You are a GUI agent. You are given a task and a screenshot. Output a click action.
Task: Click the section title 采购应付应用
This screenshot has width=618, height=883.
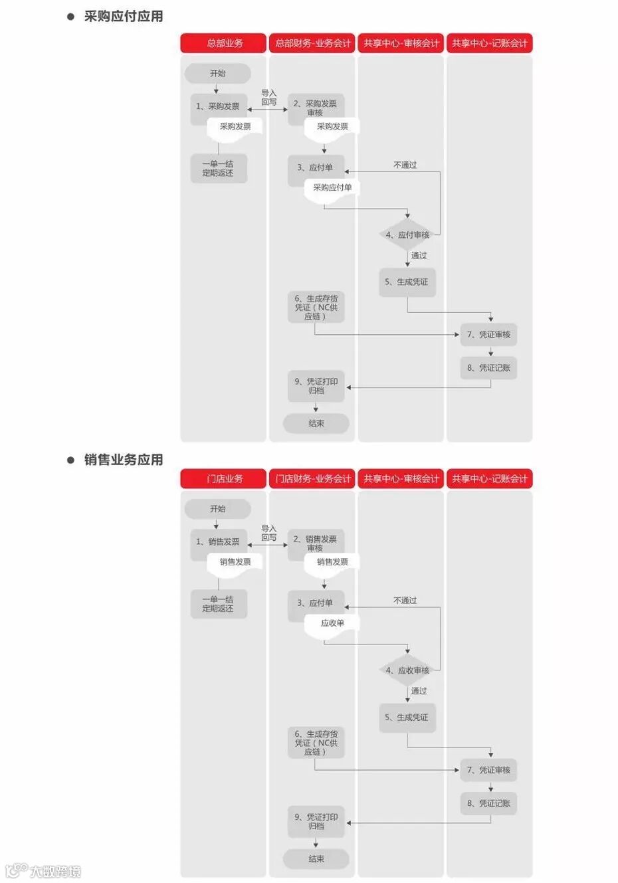(x=124, y=17)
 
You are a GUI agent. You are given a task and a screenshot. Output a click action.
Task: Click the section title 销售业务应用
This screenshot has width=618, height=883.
(x=124, y=460)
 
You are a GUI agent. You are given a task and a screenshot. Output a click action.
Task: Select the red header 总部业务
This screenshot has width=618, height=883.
(x=224, y=44)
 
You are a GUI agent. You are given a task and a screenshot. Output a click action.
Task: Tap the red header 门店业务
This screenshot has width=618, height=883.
(x=224, y=479)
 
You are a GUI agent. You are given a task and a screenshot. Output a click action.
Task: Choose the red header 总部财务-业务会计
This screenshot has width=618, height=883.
(x=312, y=44)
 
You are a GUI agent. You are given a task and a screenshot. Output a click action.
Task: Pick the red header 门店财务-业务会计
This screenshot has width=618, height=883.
(x=312, y=479)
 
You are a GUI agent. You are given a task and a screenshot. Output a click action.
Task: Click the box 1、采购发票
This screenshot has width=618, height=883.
(x=218, y=106)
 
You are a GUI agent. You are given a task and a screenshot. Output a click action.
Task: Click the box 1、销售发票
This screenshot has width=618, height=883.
(x=218, y=542)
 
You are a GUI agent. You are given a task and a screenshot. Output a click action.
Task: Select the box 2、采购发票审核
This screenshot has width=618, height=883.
(x=316, y=108)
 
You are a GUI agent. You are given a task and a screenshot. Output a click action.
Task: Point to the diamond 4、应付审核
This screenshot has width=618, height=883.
(x=408, y=235)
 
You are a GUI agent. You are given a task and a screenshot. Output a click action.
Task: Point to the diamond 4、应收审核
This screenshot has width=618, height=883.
(x=408, y=671)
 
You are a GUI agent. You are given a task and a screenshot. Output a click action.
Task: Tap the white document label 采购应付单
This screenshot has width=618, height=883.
(x=332, y=188)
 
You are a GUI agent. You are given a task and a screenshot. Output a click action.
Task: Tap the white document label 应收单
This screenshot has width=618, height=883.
(x=332, y=624)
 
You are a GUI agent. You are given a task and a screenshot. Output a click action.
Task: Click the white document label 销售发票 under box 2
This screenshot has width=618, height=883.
(x=332, y=563)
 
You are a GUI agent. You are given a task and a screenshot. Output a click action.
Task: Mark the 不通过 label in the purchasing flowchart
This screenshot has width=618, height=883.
(x=405, y=165)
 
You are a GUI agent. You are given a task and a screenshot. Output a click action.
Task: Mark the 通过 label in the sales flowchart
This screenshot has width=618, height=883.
(x=419, y=692)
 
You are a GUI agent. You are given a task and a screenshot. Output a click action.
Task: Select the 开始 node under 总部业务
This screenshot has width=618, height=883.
(x=217, y=74)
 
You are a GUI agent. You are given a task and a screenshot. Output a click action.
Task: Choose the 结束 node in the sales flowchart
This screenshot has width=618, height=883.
(x=316, y=859)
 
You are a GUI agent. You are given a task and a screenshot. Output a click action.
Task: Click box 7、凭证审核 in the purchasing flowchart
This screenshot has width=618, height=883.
(x=489, y=335)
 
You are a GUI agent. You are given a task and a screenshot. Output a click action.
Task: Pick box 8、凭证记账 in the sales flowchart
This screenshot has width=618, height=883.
(x=489, y=804)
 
